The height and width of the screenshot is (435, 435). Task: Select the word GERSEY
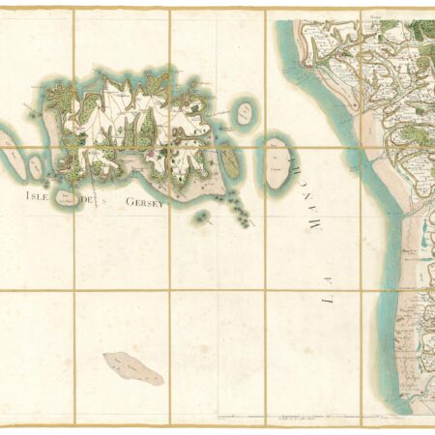(x=140, y=203)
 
